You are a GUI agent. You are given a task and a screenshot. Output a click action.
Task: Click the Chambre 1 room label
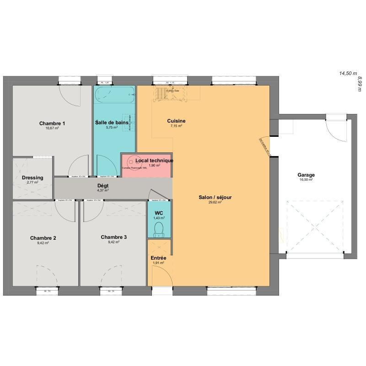pos(52,123)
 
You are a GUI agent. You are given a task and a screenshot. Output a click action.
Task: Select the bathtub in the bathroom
pos(114,95)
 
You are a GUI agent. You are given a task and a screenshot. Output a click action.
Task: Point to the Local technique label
pos(154,161)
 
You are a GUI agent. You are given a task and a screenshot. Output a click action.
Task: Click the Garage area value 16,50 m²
pos(306,180)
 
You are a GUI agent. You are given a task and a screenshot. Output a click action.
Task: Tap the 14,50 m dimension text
pos(348,73)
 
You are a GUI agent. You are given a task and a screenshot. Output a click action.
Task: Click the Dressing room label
pos(32,178)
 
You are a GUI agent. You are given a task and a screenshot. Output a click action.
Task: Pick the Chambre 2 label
pos(43,238)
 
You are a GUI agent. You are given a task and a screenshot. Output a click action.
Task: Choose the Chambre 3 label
pos(114,237)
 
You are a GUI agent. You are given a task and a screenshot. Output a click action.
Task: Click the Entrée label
pos(159,258)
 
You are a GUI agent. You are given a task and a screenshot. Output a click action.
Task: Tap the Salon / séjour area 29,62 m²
pos(215,202)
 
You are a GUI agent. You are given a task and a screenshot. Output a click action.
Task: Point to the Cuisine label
pos(176,121)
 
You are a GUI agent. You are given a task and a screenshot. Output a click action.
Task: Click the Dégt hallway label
pos(103,185)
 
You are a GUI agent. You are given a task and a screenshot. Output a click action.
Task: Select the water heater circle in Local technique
pos(130,161)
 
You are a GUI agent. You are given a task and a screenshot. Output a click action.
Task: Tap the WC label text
pos(159,213)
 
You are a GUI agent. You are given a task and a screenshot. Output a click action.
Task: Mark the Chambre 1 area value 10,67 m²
pos(52,128)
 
